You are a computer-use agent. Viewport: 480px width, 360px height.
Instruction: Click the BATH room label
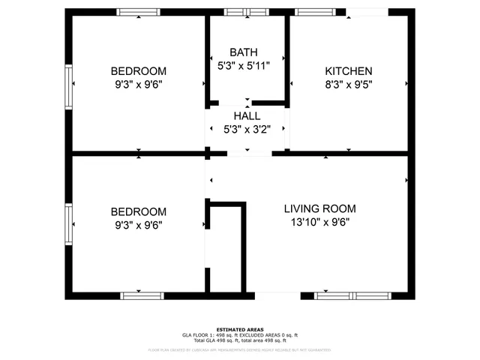pos(244,52)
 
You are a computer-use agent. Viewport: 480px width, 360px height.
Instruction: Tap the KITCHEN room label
pos(348,71)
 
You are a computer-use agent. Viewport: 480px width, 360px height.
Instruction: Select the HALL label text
pos(247,116)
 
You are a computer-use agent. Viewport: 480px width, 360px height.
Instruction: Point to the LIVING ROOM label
pos(319,208)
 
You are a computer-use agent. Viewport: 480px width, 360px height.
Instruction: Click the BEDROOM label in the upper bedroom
pos(139,71)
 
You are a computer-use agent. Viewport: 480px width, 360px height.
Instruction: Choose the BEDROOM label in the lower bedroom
pos(139,211)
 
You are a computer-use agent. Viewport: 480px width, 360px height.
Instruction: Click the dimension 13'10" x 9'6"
pos(319,222)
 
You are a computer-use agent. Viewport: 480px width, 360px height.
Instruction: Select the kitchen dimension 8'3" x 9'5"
pos(348,85)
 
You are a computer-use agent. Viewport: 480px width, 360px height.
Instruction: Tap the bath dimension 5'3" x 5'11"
pos(243,66)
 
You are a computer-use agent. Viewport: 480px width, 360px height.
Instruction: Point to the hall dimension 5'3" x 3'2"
pos(247,130)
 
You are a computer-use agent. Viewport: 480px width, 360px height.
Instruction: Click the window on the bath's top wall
pos(247,12)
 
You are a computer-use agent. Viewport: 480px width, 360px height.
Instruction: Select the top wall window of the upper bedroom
pos(139,12)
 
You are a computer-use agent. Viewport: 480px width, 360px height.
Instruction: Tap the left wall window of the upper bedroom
pos(69,87)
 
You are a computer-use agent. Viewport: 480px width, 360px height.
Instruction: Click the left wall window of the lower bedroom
pos(69,225)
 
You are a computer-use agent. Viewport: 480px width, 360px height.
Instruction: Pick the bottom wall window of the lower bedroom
pos(142,295)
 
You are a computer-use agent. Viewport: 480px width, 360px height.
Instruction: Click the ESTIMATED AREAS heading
pos(240,329)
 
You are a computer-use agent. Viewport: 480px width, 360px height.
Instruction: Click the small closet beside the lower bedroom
pos(226,251)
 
